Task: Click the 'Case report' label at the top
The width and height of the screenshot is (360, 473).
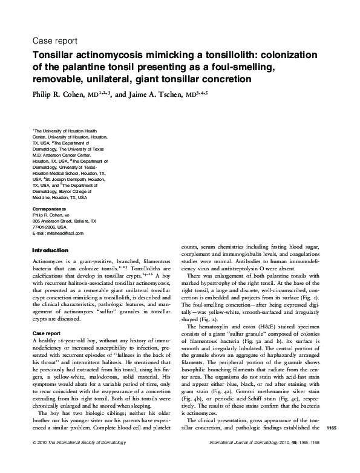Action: [53, 42]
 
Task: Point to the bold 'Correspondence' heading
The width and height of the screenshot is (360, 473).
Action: [50, 209]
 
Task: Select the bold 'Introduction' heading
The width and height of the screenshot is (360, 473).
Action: [50, 250]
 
